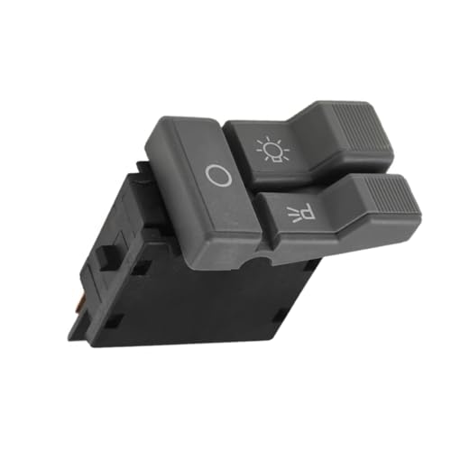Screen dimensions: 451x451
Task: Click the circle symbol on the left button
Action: pos(218,175)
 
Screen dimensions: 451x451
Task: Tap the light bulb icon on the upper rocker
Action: pos(272,150)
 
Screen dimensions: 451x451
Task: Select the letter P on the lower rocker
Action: pos(307,211)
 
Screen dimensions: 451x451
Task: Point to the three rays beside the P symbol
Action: pos(291,216)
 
